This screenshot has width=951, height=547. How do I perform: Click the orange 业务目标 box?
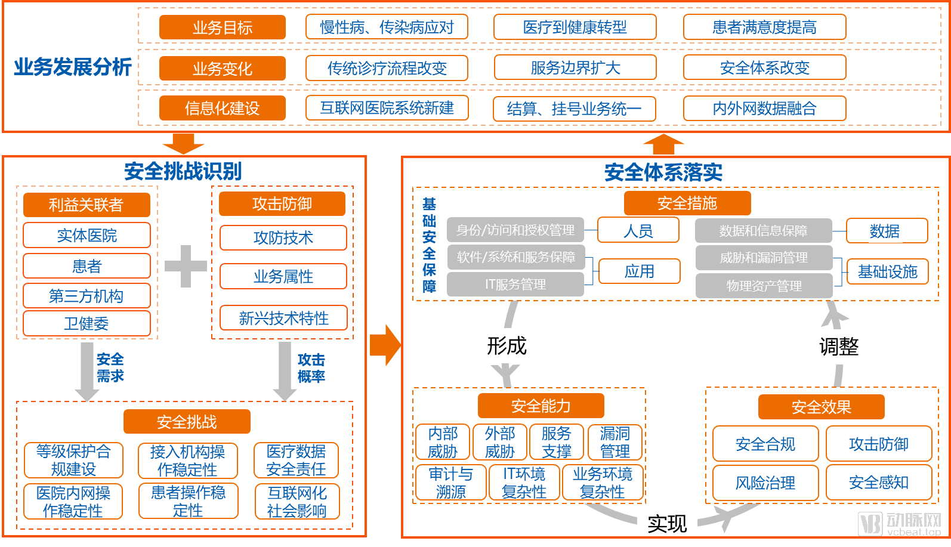tap(222, 27)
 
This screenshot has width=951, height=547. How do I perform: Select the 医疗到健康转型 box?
tap(575, 27)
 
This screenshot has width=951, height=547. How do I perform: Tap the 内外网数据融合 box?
tap(764, 109)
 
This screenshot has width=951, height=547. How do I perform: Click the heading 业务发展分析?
tap(72, 67)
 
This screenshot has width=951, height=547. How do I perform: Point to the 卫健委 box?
tap(87, 323)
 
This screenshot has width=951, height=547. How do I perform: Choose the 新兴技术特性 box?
tap(283, 318)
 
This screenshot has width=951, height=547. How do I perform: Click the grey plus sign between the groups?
tap(186, 266)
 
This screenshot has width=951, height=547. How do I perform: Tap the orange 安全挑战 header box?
tap(187, 422)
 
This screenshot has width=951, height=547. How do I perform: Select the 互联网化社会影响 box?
tap(297, 502)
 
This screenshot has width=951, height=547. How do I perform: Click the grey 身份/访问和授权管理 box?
tap(515, 230)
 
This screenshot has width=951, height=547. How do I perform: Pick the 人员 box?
tap(638, 230)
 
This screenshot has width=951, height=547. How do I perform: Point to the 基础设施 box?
tap(887, 272)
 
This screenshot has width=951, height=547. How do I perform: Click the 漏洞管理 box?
tap(615, 442)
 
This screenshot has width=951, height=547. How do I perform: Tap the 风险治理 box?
tap(765, 483)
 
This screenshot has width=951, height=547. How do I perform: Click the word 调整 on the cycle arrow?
tap(838, 347)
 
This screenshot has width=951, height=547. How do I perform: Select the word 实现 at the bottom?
tap(667, 524)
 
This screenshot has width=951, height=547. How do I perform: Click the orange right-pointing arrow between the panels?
tap(385, 345)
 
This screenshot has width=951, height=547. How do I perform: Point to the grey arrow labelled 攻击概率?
tap(285, 370)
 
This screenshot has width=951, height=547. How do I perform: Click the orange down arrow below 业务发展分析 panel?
tap(183, 143)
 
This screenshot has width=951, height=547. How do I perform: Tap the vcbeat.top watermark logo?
tap(900, 524)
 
